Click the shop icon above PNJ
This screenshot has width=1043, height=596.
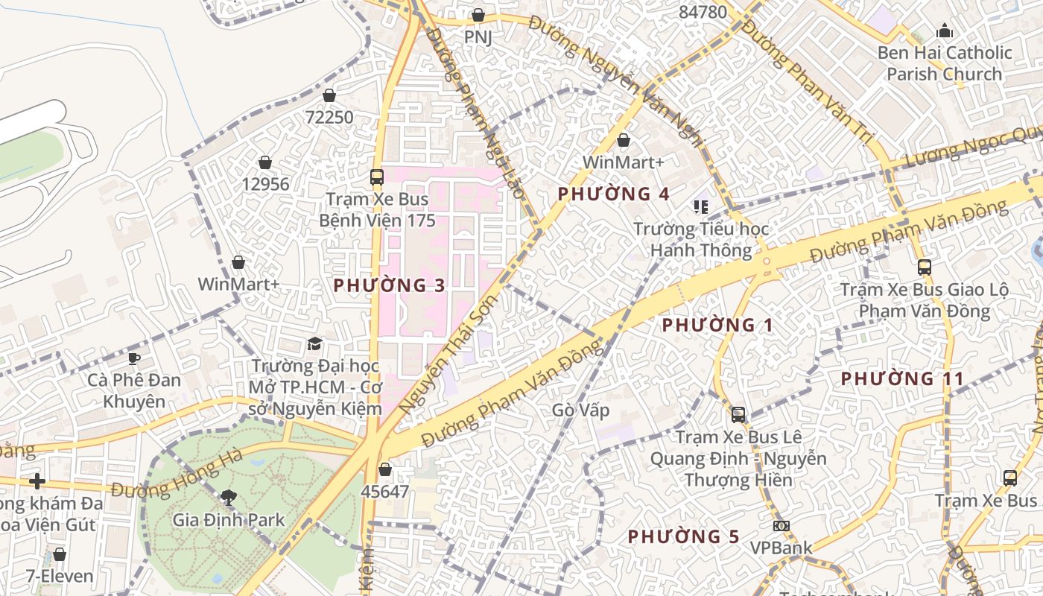tap(478, 15)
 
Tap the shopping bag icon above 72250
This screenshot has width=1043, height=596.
tap(329, 95)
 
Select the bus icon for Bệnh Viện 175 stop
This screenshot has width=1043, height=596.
tap(377, 177)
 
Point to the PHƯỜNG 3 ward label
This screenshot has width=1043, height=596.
tap(389, 285)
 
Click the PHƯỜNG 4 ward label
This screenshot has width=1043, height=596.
tap(614, 194)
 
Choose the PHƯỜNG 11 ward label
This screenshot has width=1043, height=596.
tap(902, 378)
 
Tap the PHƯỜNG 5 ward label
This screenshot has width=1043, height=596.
tap(684, 536)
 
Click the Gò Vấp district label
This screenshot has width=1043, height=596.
tap(581, 410)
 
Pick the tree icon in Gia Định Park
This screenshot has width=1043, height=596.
tap(229, 497)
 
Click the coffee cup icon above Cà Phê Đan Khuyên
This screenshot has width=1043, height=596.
tap(134, 358)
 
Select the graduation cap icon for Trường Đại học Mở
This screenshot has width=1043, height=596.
tap(315, 343)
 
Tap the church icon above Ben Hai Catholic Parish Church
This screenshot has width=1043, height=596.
tap(945, 31)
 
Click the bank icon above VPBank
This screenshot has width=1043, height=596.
tap(781, 526)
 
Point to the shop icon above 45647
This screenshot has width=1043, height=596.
tap(385, 469)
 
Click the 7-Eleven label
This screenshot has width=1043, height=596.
tap(60, 576)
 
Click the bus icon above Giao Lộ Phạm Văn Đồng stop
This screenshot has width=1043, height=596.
tap(925, 267)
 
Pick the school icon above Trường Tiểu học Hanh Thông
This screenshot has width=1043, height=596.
tap(700, 206)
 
